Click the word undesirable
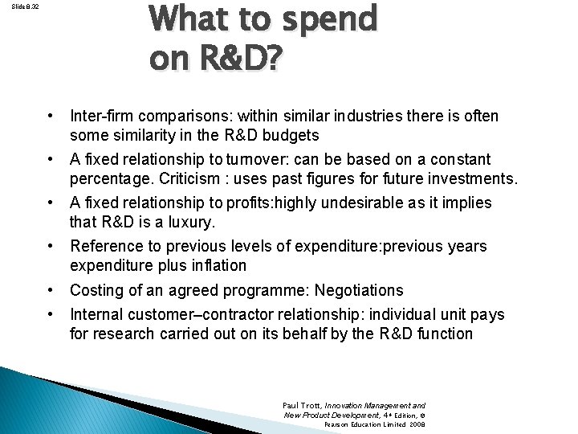coord(353,203)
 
